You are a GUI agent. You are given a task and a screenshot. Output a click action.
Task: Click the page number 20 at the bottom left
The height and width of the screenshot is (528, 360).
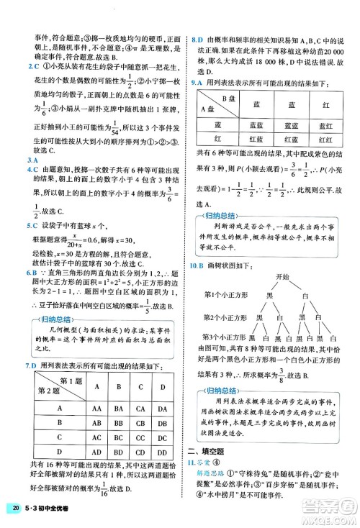[16, 511]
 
